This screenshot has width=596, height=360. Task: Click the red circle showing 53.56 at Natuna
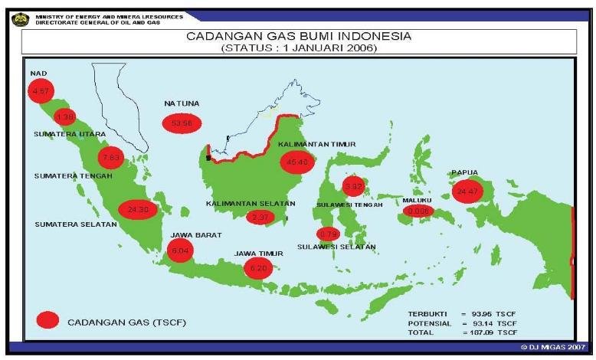[x=182, y=123]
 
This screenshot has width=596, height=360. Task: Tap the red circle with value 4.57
[x=38, y=92]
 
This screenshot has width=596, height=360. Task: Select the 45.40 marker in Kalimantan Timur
[x=297, y=162]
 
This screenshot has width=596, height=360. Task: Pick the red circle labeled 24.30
[x=138, y=209]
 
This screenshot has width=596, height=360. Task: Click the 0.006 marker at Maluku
[x=418, y=210]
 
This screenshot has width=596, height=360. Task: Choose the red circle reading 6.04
[x=179, y=250]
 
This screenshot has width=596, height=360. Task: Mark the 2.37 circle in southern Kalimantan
[x=260, y=217]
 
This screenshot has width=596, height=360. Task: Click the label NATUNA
[x=181, y=103]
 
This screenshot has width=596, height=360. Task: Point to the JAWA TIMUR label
[x=258, y=254]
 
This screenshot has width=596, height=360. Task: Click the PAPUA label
[x=465, y=172]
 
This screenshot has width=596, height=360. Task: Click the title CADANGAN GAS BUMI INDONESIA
[x=300, y=36]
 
